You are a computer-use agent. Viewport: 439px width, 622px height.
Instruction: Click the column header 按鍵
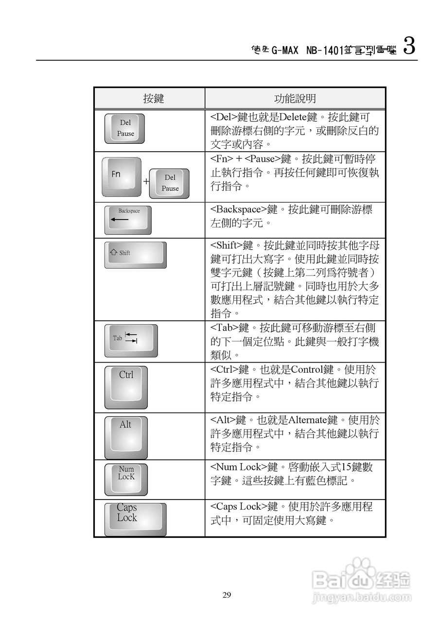[x=153, y=99]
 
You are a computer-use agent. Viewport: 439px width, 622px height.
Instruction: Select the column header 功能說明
[x=295, y=99]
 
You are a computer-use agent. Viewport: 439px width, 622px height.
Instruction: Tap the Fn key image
[x=121, y=177]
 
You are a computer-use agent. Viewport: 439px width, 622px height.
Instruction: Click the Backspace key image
[x=128, y=220]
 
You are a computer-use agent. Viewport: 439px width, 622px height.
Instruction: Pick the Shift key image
[x=135, y=255]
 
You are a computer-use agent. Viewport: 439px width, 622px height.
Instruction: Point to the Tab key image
[x=131, y=341]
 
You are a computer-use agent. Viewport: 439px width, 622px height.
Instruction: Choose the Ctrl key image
[x=126, y=387]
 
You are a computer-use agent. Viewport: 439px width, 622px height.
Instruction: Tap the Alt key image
[x=125, y=436]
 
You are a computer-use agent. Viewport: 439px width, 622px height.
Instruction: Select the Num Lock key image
[x=126, y=479]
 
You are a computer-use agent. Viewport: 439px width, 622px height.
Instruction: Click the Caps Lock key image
[x=135, y=519]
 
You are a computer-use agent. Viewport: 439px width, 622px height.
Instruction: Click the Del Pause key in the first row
[x=125, y=129]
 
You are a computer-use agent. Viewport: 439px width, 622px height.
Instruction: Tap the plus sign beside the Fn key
[x=145, y=182]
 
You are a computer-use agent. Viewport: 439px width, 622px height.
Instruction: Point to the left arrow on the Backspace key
[x=119, y=220]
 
